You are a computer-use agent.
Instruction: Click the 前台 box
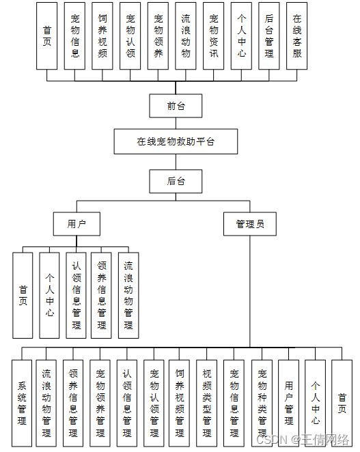pos(176,106)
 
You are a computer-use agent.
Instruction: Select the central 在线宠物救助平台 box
pos(176,141)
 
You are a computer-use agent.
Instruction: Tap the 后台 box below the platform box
pos(176,182)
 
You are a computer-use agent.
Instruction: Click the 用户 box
pos(77,224)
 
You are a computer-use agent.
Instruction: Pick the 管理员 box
pos(250,224)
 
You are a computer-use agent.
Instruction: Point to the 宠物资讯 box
pos(213,36)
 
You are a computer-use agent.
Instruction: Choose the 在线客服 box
pos(297,36)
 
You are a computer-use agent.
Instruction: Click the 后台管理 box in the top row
pos(269,36)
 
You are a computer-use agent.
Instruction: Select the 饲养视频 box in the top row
pos(102,36)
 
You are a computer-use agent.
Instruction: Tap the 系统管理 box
pos(22,404)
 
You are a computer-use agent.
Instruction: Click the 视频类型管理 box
pos(206,404)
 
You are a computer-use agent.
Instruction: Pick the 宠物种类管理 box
pos(262,404)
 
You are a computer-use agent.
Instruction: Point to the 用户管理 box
pos(288,404)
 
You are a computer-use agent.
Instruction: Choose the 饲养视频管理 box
pos(179,404)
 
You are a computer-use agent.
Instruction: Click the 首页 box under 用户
pos(23,296)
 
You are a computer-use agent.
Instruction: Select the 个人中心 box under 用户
pos(49,296)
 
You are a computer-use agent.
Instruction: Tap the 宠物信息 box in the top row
pos(74,36)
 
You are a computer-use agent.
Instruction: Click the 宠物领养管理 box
pos(100,404)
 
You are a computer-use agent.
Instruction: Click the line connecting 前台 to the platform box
pos(176,123)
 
